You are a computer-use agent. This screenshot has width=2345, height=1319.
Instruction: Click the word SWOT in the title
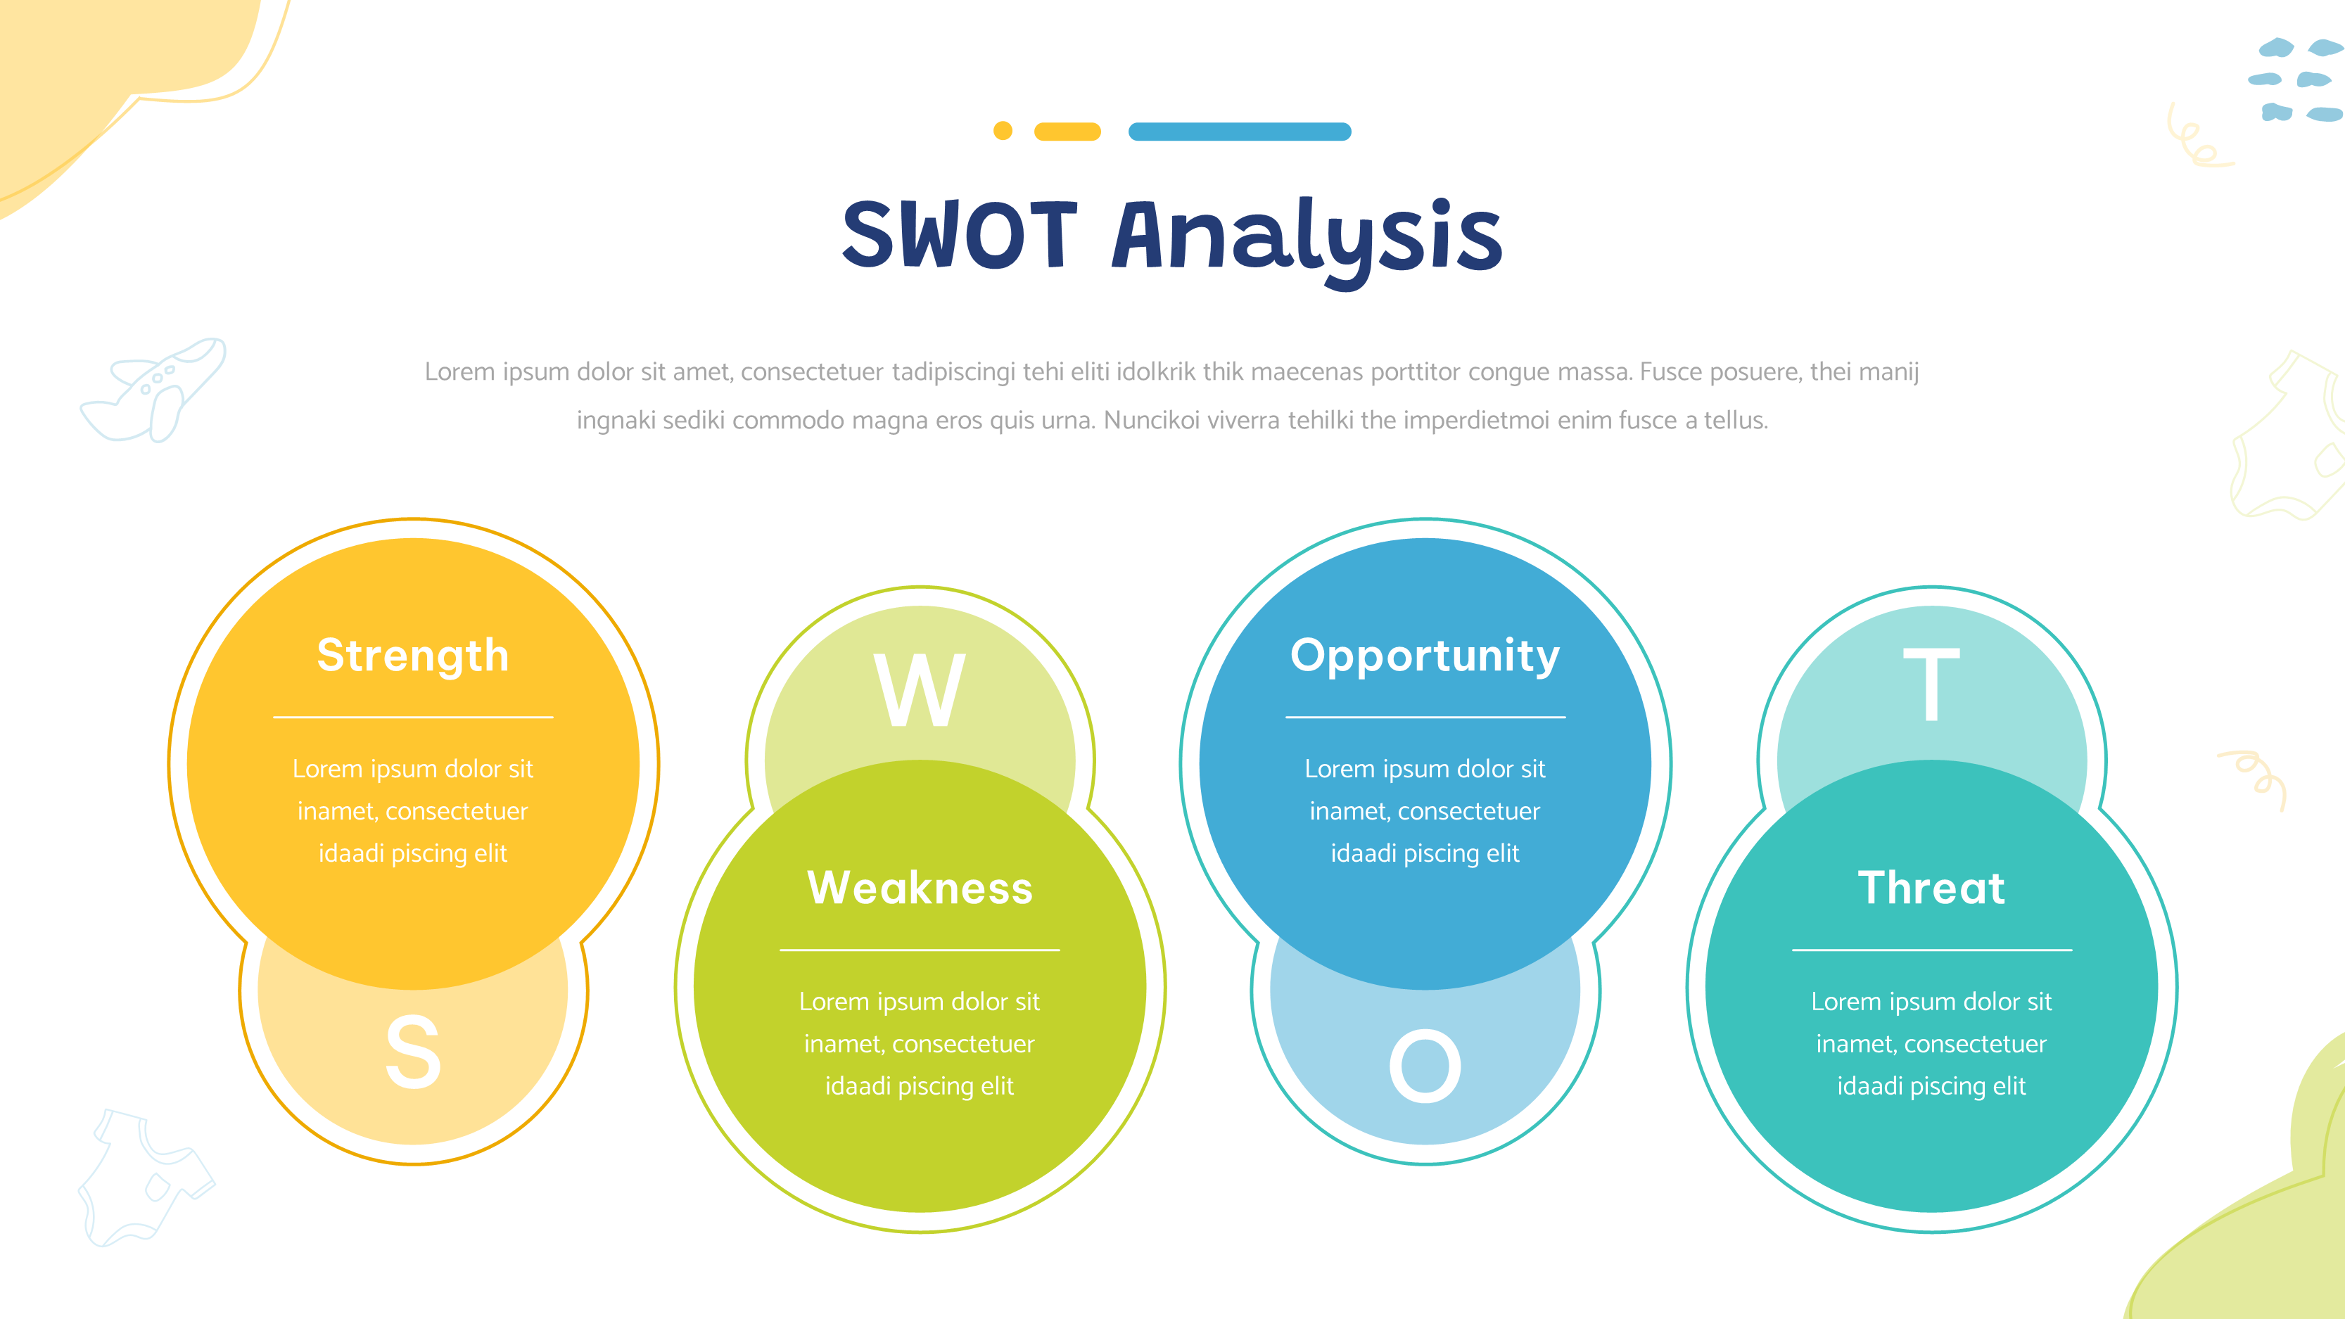[960, 235]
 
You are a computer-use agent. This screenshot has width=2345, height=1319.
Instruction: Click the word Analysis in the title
[1307, 241]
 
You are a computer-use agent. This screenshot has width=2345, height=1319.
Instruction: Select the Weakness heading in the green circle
[920, 888]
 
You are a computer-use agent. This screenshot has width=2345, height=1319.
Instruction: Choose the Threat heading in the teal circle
[1932, 888]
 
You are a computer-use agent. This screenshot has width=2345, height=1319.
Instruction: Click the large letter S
[413, 1052]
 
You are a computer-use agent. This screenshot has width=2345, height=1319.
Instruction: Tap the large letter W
[920, 689]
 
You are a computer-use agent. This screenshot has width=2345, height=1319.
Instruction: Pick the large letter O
[1425, 1066]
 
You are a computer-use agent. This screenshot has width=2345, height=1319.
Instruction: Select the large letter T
[1932, 684]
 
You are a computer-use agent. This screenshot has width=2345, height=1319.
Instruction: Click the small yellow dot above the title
[1003, 131]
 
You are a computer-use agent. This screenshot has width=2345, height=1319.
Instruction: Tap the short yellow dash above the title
[1068, 132]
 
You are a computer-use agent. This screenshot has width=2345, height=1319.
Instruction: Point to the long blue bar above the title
[1240, 132]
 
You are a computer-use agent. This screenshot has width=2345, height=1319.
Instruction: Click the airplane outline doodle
[153, 390]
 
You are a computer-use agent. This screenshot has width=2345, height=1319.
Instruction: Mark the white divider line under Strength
[413, 718]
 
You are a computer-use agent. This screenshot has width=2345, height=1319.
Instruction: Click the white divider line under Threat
[1932, 950]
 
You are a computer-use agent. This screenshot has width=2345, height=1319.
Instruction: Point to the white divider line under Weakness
[920, 950]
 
